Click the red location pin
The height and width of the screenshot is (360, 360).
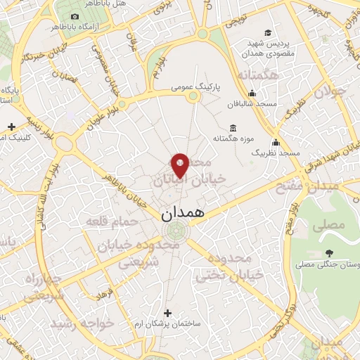[181, 165]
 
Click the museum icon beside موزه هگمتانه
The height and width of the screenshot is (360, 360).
[233, 127]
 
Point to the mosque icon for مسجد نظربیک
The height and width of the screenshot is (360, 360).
[276, 142]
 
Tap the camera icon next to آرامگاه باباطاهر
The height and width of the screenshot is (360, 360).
[75, 16]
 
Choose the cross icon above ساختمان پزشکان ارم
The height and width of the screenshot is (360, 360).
[167, 312]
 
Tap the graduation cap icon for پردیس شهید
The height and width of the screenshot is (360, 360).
[267, 32]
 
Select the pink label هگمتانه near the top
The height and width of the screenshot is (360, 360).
[258, 75]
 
